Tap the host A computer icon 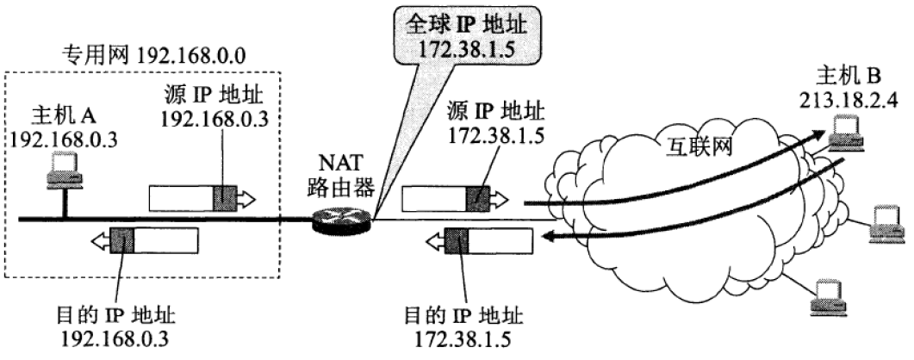click(x=63, y=169)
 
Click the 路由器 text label click(x=343, y=185)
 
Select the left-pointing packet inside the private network click(x=144, y=239)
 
